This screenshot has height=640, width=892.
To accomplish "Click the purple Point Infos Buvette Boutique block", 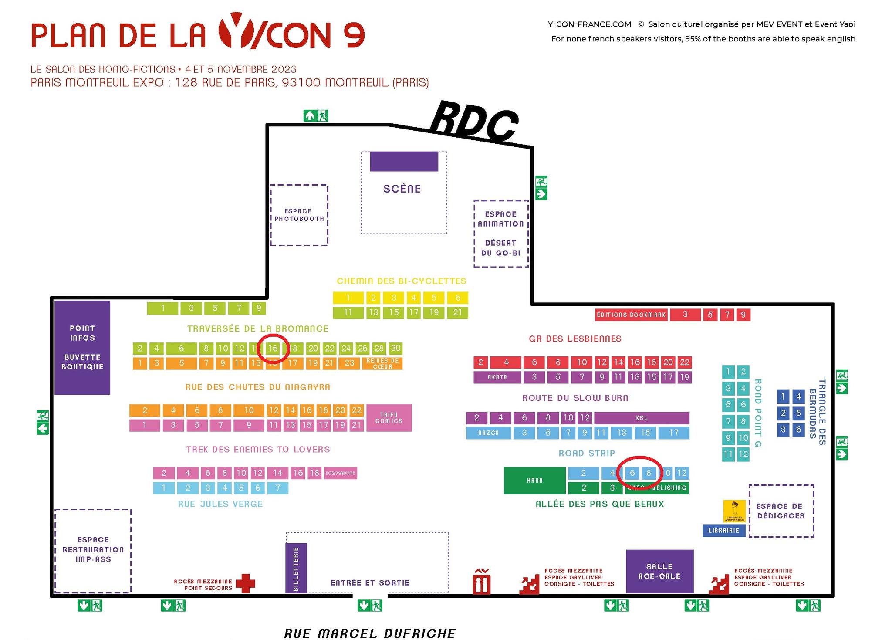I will click(82, 347).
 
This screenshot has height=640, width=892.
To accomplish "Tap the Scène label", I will click(402, 189).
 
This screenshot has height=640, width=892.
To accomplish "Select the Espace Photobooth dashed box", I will click(299, 215).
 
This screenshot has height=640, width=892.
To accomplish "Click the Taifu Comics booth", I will click(389, 418).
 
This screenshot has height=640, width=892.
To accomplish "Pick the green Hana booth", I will click(535, 481).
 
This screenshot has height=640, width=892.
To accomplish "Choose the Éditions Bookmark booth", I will click(631, 315).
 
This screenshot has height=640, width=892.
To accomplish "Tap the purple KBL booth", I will click(642, 418).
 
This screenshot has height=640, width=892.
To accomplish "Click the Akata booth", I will click(497, 377).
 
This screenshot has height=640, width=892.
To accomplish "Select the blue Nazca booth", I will click(488, 433).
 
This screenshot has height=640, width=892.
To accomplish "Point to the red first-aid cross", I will click(245, 583).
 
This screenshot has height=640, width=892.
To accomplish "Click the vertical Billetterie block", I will click(296, 568).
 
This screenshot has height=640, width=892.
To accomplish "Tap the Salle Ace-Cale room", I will click(659, 571).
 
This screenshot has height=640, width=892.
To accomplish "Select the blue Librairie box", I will click(723, 530).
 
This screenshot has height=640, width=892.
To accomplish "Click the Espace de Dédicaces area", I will click(781, 511).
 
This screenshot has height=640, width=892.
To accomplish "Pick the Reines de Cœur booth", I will click(382, 363).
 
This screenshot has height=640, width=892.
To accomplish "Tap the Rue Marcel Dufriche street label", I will click(370, 633).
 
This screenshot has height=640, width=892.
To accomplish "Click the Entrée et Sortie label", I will click(370, 582).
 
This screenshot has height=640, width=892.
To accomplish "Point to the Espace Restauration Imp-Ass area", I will click(93, 549).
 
